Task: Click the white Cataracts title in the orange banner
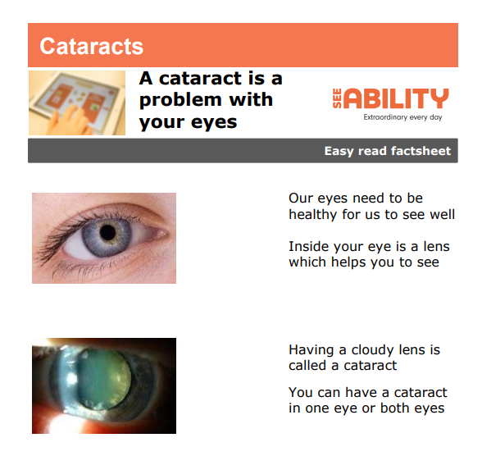(x=91, y=46)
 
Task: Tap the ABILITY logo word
(x=396, y=98)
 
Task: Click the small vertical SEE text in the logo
(x=337, y=98)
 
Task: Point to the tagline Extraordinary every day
(x=402, y=117)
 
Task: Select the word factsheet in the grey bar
(x=421, y=151)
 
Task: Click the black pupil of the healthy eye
(x=107, y=232)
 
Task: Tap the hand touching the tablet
(x=70, y=121)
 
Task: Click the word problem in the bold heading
(x=181, y=100)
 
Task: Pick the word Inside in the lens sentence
(x=308, y=246)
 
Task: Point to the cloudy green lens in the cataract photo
(x=104, y=379)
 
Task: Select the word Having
(x=311, y=350)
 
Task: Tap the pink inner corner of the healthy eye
(x=161, y=234)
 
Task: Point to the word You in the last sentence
(x=300, y=392)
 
